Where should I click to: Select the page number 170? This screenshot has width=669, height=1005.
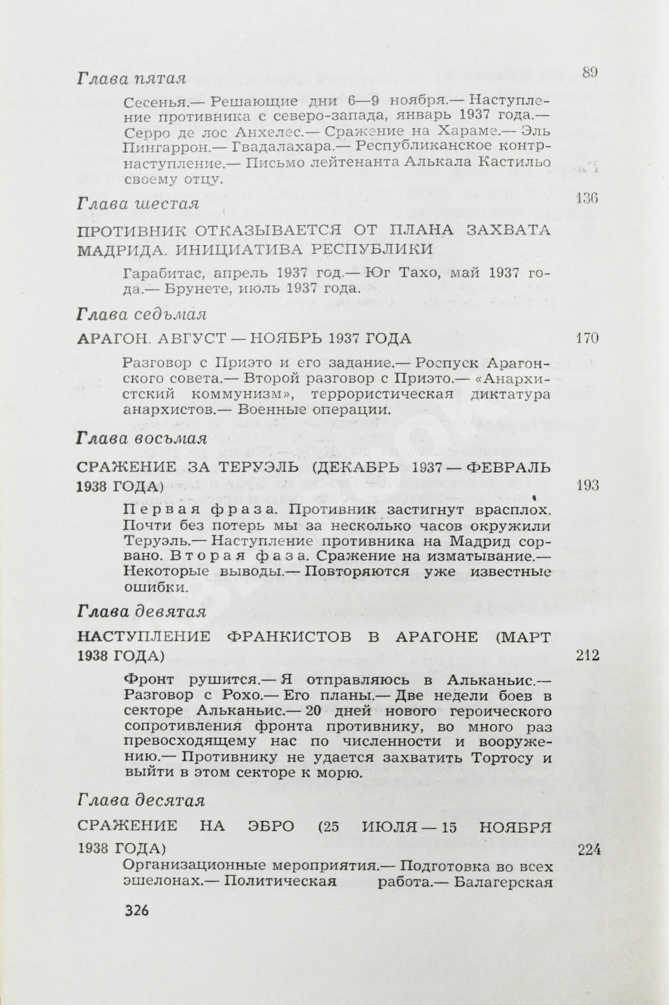(587, 339)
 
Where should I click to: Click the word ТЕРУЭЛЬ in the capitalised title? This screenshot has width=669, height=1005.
(259, 467)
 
